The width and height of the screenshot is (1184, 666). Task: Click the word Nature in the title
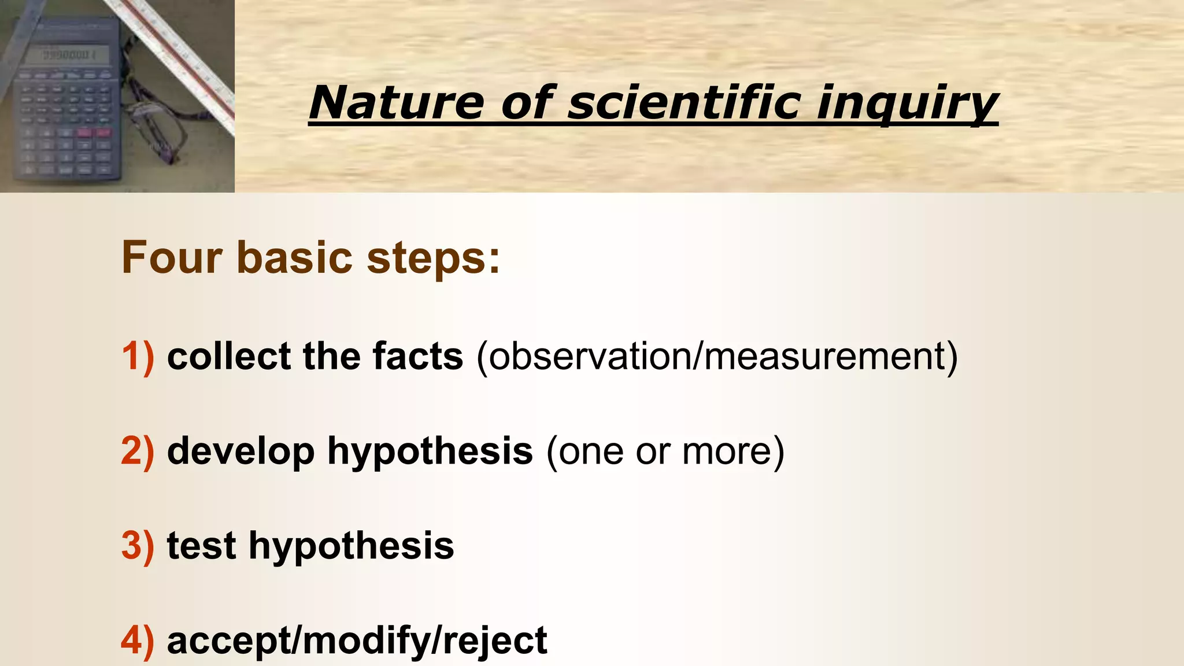tap(396, 103)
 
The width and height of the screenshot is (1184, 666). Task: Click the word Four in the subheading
tap(172, 257)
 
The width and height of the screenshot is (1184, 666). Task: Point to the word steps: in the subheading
tap(434, 258)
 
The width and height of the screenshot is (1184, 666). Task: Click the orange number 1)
tap(138, 356)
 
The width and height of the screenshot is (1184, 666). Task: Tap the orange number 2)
tap(138, 451)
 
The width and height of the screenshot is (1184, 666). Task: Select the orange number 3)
tap(138, 546)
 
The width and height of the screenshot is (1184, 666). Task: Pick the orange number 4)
tap(138, 641)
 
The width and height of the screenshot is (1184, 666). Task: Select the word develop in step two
tap(240, 452)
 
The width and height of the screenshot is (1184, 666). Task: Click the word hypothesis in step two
tap(430, 452)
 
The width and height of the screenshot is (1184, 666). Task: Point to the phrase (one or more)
tap(665, 452)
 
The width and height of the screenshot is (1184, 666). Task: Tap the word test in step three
tap(201, 546)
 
